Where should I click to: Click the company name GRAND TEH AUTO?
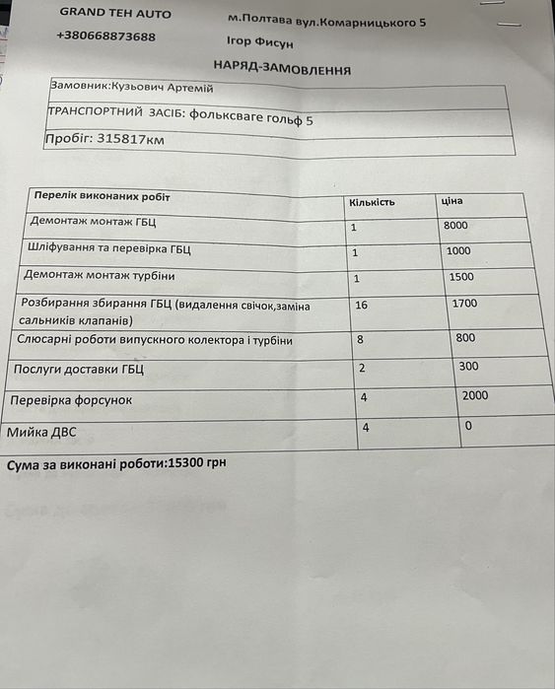coord(114,14)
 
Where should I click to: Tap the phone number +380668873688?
coord(106,36)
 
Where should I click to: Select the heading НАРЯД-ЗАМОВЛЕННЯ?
coord(282,68)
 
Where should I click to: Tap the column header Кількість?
coord(372,202)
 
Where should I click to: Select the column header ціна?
coord(452,201)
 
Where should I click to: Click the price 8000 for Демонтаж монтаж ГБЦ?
coord(456,226)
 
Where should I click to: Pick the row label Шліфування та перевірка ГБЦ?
coord(110,249)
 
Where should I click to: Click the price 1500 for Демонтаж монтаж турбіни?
coord(460,277)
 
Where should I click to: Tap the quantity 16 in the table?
coord(361,306)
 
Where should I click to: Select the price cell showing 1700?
coord(464,304)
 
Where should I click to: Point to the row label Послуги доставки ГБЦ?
coord(79,370)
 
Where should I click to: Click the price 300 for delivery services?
coord(468,367)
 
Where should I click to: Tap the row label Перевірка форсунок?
coord(70,401)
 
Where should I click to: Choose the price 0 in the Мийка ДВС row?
coord(468,426)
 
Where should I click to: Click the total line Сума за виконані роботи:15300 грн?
coord(116,461)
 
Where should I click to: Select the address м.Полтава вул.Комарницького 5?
coord(327,20)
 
